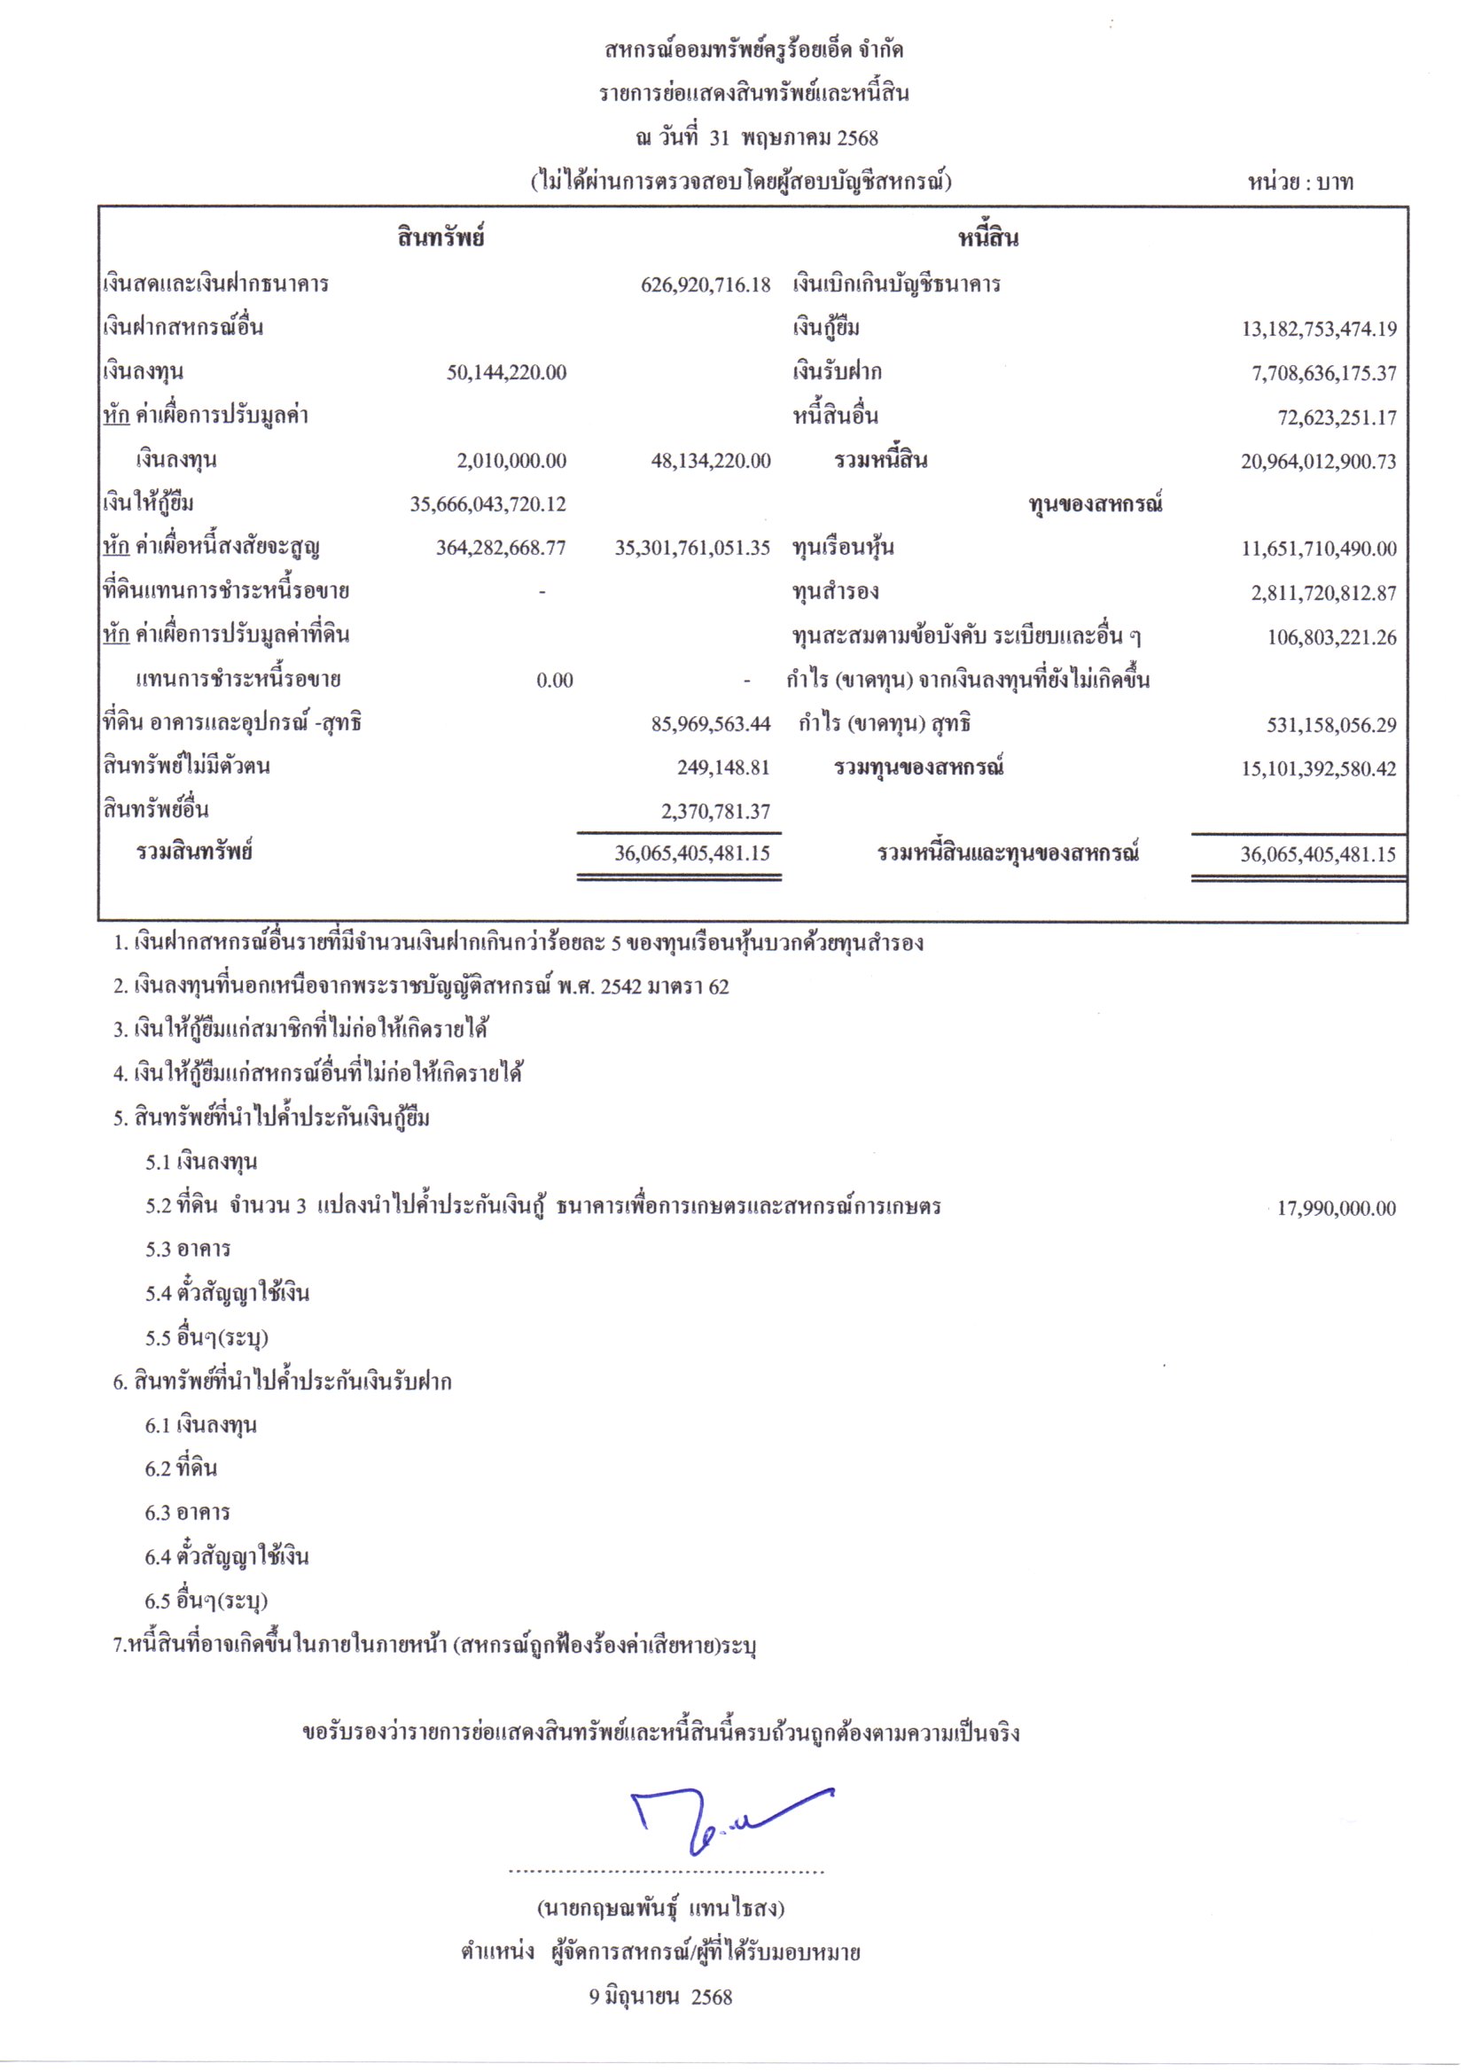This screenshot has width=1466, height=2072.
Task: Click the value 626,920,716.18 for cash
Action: pyautogui.click(x=706, y=285)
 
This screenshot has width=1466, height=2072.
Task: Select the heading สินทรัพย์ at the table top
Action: pyautogui.click(x=441, y=238)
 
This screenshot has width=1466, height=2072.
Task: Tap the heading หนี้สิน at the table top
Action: pyautogui.click(x=987, y=238)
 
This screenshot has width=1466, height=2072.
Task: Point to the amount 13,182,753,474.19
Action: pyautogui.click(x=1319, y=330)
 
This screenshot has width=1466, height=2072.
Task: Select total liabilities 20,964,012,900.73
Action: pyautogui.click(x=1318, y=462)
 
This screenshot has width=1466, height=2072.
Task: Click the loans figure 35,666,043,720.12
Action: pyautogui.click(x=488, y=504)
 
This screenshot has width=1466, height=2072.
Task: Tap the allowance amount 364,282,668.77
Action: pyautogui.click(x=501, y=548)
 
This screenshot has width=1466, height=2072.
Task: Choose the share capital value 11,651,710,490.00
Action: pyautogui.click(x=1319, y=549)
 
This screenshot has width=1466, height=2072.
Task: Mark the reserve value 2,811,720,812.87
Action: pyautogui.click(x=1323, y=593)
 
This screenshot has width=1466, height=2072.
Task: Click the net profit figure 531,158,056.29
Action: pyautogui.click(x=1331, y=725)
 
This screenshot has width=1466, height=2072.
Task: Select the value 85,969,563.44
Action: pyautogui.click(x=711, y=724)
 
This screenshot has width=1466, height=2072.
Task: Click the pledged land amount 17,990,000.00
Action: pyautogui.click(x=1336, y=1208)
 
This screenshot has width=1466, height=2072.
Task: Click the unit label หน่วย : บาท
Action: pyautogui.click(x=1300, y=183)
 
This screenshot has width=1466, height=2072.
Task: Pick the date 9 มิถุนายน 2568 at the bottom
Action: pyautogui.click(x=661, y=1997)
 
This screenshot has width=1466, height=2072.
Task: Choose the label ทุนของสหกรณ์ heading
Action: pyautogui.click(x=1094, y=504)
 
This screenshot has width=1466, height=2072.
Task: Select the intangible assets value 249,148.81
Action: pyautogui.click(x=723, y=768)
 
